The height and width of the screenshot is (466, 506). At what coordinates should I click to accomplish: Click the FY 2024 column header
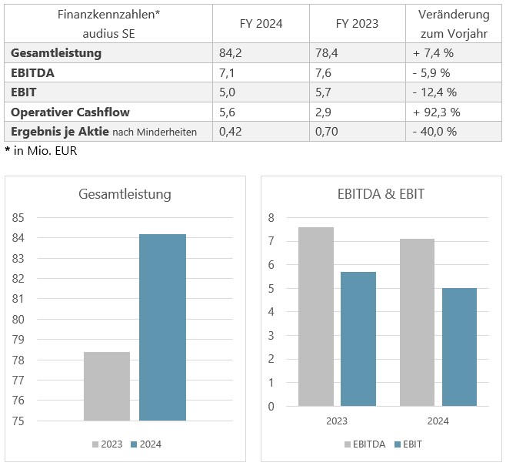[x=261, y=23]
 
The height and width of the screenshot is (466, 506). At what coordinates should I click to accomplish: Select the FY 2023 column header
[x=357, y=23]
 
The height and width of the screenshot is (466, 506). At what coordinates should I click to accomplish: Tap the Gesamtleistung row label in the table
[x=56, y=53]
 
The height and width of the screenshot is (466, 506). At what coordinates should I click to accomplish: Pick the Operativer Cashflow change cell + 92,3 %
[x=436, y=112]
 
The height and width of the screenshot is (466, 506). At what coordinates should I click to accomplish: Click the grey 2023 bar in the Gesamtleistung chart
[x=106, y=386]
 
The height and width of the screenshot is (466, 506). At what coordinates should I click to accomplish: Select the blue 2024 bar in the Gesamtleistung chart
[x=162, y=327]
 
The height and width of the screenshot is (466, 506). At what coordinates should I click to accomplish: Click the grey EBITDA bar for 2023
[x=316, y=316]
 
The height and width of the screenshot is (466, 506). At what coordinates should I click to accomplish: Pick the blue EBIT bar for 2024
[x=459, y=347]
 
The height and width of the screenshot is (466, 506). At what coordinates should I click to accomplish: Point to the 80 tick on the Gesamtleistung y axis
[x=18, y=319]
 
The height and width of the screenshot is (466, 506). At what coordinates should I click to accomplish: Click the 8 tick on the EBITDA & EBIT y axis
[x=271, y=218]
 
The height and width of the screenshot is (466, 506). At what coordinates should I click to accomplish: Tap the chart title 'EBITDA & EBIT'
[x=381, y=194]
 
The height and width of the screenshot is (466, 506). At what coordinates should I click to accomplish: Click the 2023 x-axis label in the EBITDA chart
[x=337, y=421]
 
